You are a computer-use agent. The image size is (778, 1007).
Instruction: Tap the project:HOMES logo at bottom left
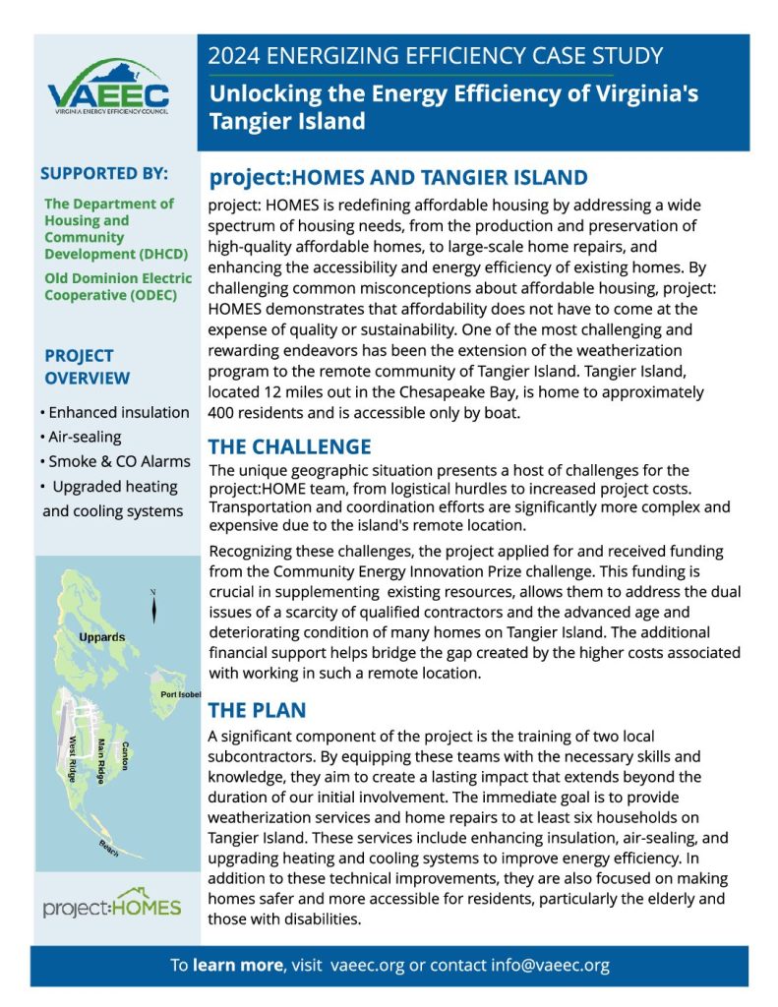pyautogui.click(x=112, y=905)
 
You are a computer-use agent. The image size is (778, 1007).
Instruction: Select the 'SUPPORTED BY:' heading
pyautogui.click(x=104, y=174)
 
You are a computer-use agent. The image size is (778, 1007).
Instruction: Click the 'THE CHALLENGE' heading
pyautogui.click(x=290, y=446)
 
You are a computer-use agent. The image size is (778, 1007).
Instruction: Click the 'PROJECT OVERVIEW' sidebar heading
pyautogui.click(x=87, y=367)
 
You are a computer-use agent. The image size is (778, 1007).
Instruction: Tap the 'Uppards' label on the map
pyautogui.click(x=101, y=637)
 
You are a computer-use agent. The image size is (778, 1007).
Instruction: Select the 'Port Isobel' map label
pyautogui.click(x=180, y=694)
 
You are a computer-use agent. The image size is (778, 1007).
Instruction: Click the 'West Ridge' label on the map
pyautogui.click(x=73, y=754)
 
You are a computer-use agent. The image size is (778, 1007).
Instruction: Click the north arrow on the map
pyautogui.click(x=152, y=605)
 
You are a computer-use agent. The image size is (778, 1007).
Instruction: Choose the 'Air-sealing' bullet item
pyautogui.click(x=89, y=437)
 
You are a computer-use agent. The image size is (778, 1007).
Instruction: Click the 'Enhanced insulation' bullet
pyautogui.click(x=114, y=412)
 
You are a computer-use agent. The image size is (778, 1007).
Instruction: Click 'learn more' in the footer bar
pyautogui.click(x=236, y=965)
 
